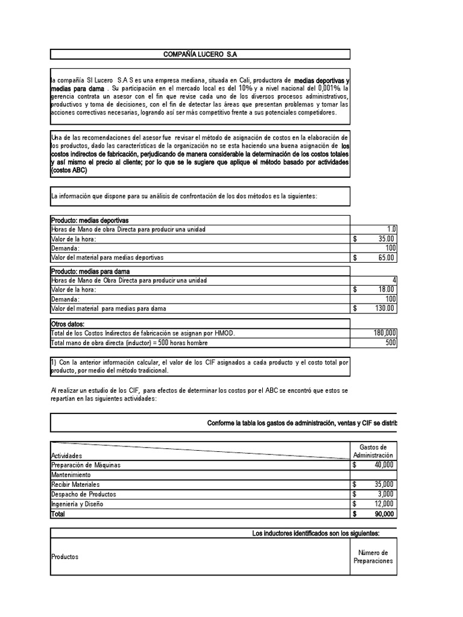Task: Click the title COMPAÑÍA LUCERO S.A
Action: pos(200,55)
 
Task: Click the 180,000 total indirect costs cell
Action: pos(385,333)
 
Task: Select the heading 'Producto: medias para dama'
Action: pos(90,271)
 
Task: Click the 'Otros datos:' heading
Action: pos(68,324)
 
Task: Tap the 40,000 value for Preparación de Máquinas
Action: pos(383,465)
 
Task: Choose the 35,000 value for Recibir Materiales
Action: pos(383,484)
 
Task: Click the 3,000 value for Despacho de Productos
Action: pos(385,494)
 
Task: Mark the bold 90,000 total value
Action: pos(383,514)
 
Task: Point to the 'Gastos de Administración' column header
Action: pos(373,451)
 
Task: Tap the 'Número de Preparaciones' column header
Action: pos(373,557)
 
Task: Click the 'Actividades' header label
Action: pos(67,456)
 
